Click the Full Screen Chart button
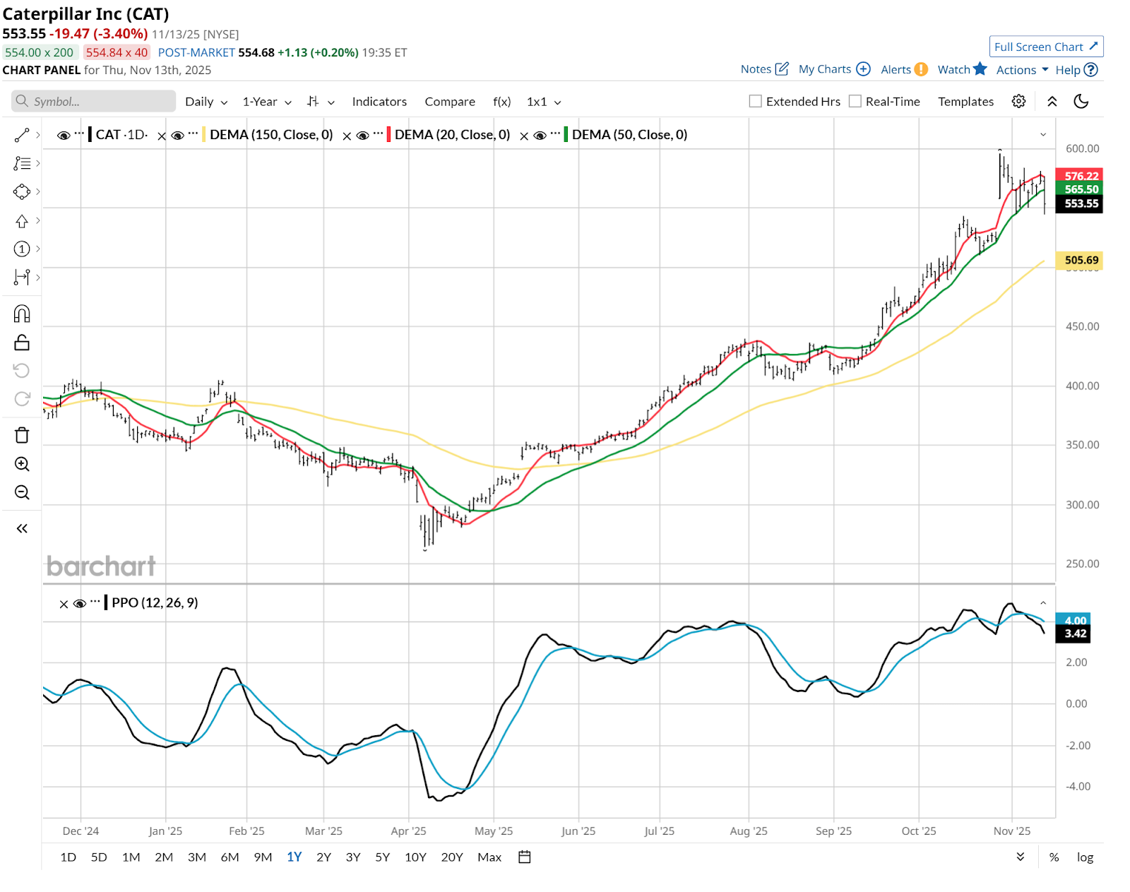[x=1045, y=47]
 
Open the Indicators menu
[x=379, y=102]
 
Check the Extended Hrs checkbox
[x=756, y=102]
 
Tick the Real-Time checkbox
[x=855, y=102]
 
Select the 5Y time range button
[x=382, y=857]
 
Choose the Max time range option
[x=489, y=857]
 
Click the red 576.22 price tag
[x=1081, y=176]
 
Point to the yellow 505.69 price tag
[x=1081, y=260]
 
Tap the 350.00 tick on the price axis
[x=1082, y=445]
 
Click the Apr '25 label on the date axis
[x=408, y=831]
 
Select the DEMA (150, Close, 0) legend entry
[x=271, y=135]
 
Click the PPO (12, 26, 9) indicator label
[x=155, y=602]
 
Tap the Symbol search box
[x=94, y=102]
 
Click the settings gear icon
[x=1018, y=102]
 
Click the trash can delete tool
[x=22, y=435]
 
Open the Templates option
[x=965, y=102]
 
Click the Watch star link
[x=961, y=69]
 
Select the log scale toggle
[x=1085, y=857]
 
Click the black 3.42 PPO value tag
[x=1075, y=634]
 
